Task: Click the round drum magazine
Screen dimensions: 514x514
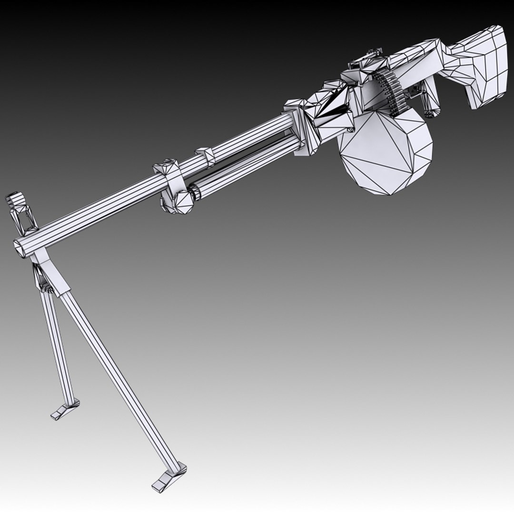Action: (385, 152)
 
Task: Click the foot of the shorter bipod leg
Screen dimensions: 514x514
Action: (65, 410)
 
